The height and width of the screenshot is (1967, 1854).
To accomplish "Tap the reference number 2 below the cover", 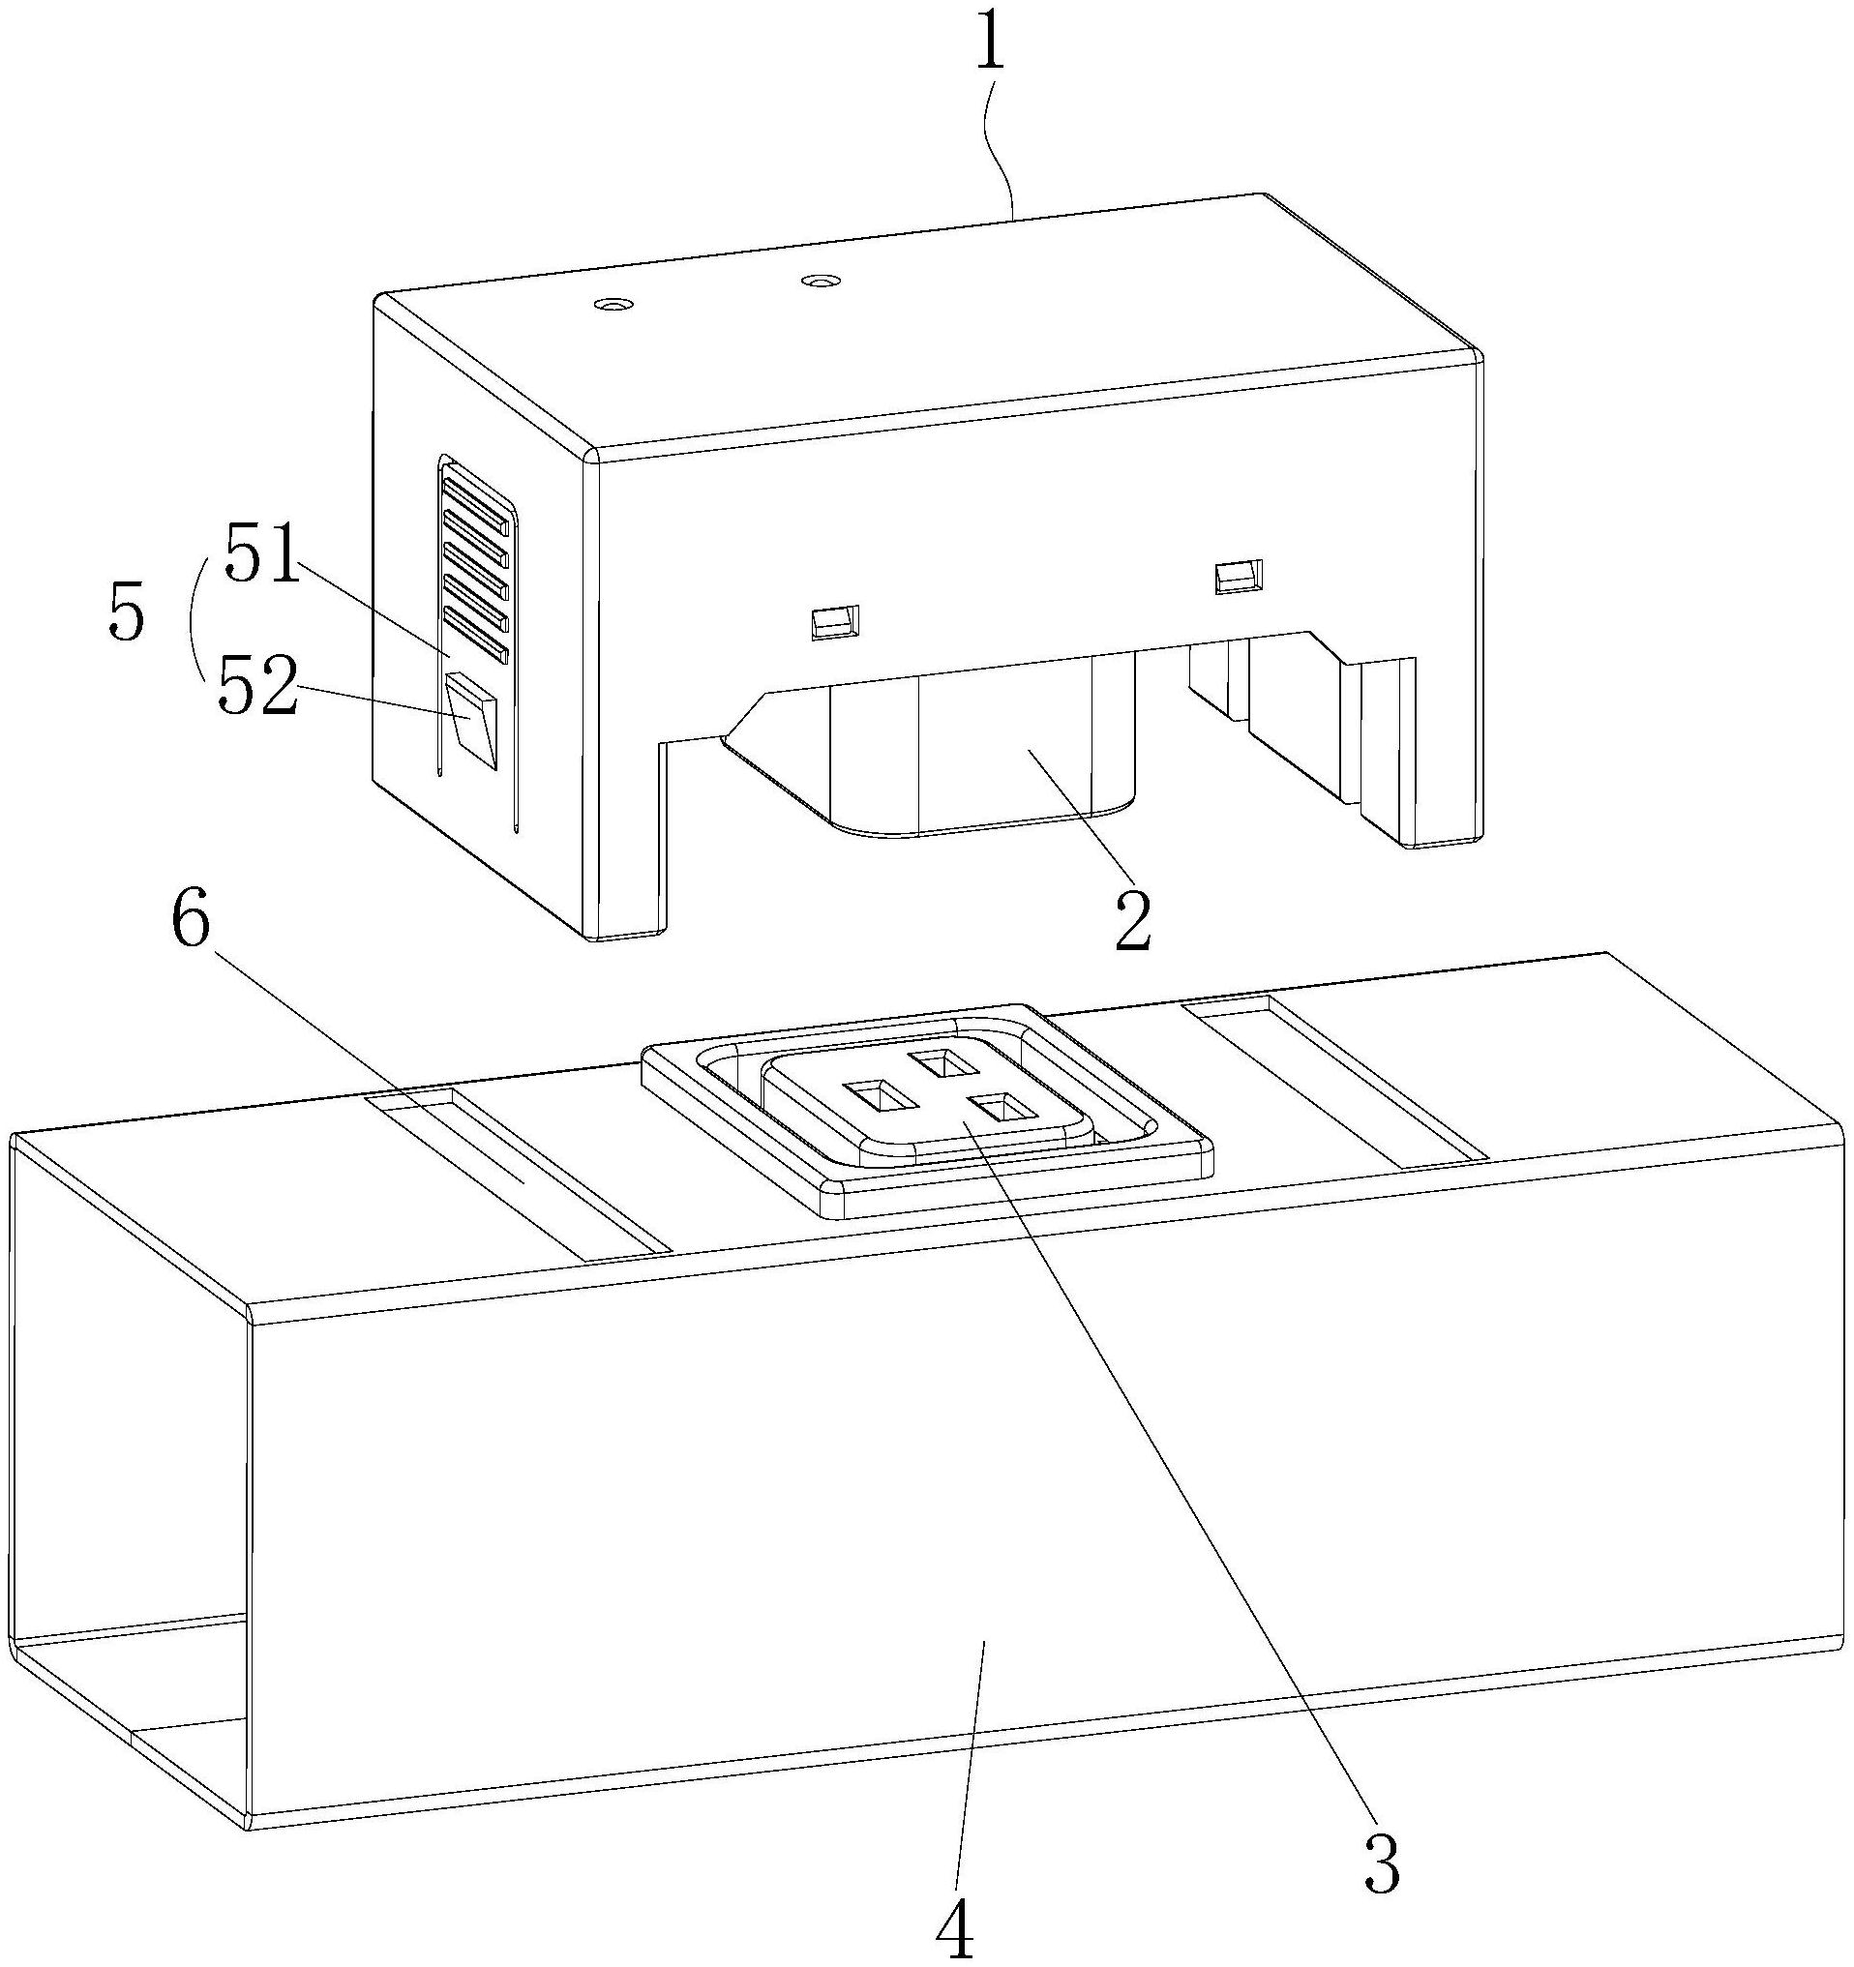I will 1134,919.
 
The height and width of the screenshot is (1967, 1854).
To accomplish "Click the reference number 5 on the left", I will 127,615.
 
